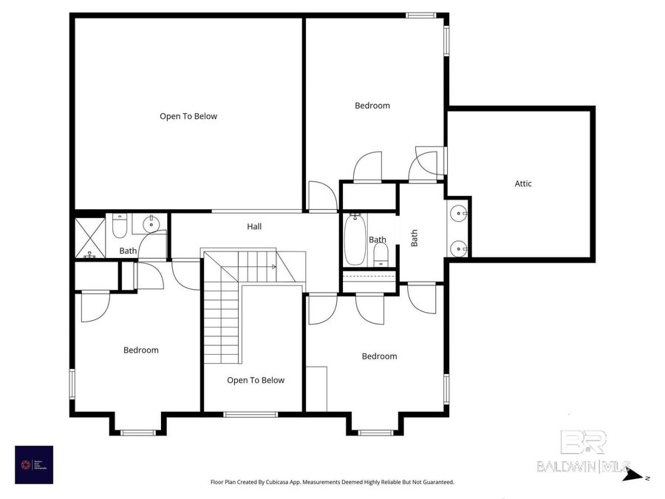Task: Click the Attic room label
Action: coord(523,183)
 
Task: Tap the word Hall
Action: coord(254,227)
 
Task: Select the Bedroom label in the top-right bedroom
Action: coord(372,106)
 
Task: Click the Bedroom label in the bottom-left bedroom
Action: coord(140,350)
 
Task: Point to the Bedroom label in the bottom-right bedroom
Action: coord(379,356)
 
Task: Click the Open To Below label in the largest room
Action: coord(188,116)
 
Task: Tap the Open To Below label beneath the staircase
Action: coord(256,380)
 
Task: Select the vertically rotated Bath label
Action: coord(415,237)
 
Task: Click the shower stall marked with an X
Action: coord(89,237)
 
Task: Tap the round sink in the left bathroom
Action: coord(151,224)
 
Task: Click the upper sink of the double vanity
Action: coord(460,214)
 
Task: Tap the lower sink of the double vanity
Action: coord(460,248)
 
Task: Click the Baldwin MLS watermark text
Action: coord(584,466)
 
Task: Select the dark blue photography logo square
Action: coord(34,464)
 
